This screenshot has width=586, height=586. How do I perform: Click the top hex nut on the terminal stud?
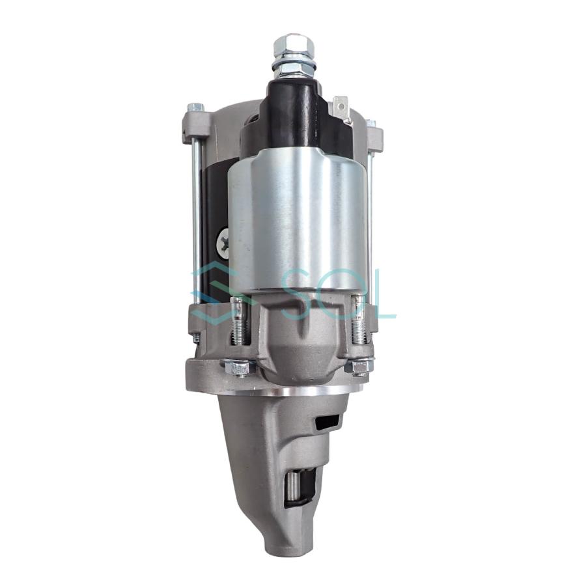pos(294,45)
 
